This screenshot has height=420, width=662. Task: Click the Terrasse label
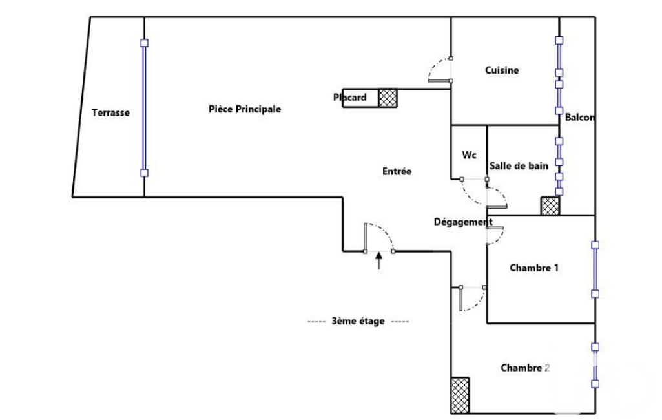click(110, 112)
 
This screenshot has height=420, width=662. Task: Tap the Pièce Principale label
click(245, 109)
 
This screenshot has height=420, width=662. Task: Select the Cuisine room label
click(502, 70)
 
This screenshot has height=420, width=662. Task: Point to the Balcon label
click(579, 118)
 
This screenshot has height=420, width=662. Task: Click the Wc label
click(470, 156)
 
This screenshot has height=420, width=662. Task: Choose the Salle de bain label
click(519, 166)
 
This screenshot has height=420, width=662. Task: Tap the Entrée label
click(397, 171)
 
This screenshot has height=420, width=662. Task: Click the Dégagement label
click(462, 222)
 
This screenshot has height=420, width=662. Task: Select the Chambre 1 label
click(534, 268)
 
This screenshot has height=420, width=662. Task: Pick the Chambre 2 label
click(525, 368)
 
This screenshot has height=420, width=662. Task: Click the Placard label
click(350, 98)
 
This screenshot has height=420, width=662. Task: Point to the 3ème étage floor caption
click(358, 321)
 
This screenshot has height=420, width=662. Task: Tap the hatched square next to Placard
click(388, 98)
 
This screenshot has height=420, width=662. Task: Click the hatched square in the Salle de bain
click(550, 206)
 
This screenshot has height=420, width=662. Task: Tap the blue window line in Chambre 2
click(595, 364)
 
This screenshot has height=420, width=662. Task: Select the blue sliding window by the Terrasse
click(144, 108)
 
